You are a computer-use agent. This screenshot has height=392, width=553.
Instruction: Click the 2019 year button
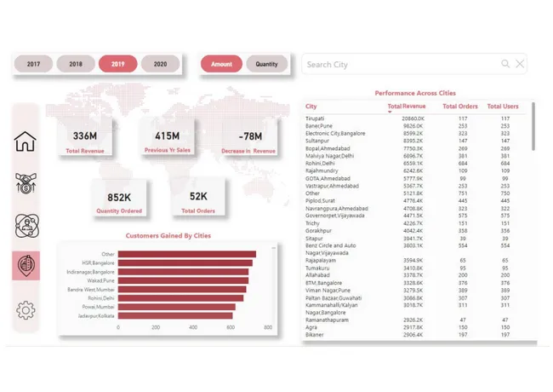click(x=117, y=64)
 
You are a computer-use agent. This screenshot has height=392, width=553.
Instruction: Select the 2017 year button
click(x=33, y=64)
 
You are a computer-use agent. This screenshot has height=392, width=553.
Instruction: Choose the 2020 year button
click(x=160, y=64)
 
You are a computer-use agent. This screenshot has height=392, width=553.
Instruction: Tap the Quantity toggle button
click(x=266, y=64)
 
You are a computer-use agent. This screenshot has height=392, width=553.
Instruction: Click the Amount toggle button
click(x=221, y=64)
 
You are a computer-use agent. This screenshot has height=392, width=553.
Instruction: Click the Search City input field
click(x=400, y=65)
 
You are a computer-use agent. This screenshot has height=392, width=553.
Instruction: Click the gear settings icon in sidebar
click(x=26, y=310)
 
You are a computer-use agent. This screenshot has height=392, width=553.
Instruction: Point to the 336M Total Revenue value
click(x=84, y=136)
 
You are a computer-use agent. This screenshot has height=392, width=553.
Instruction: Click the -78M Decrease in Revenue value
click(x=250, y=136)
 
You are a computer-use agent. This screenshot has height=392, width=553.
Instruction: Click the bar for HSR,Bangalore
click(x=184, y=262)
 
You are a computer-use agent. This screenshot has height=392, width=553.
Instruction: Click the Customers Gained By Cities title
click(x=168, y=235)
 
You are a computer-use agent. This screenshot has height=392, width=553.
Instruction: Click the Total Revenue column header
click(x=407, y=107)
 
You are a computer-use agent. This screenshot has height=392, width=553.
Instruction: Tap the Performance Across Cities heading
click(x=414, y=92)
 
